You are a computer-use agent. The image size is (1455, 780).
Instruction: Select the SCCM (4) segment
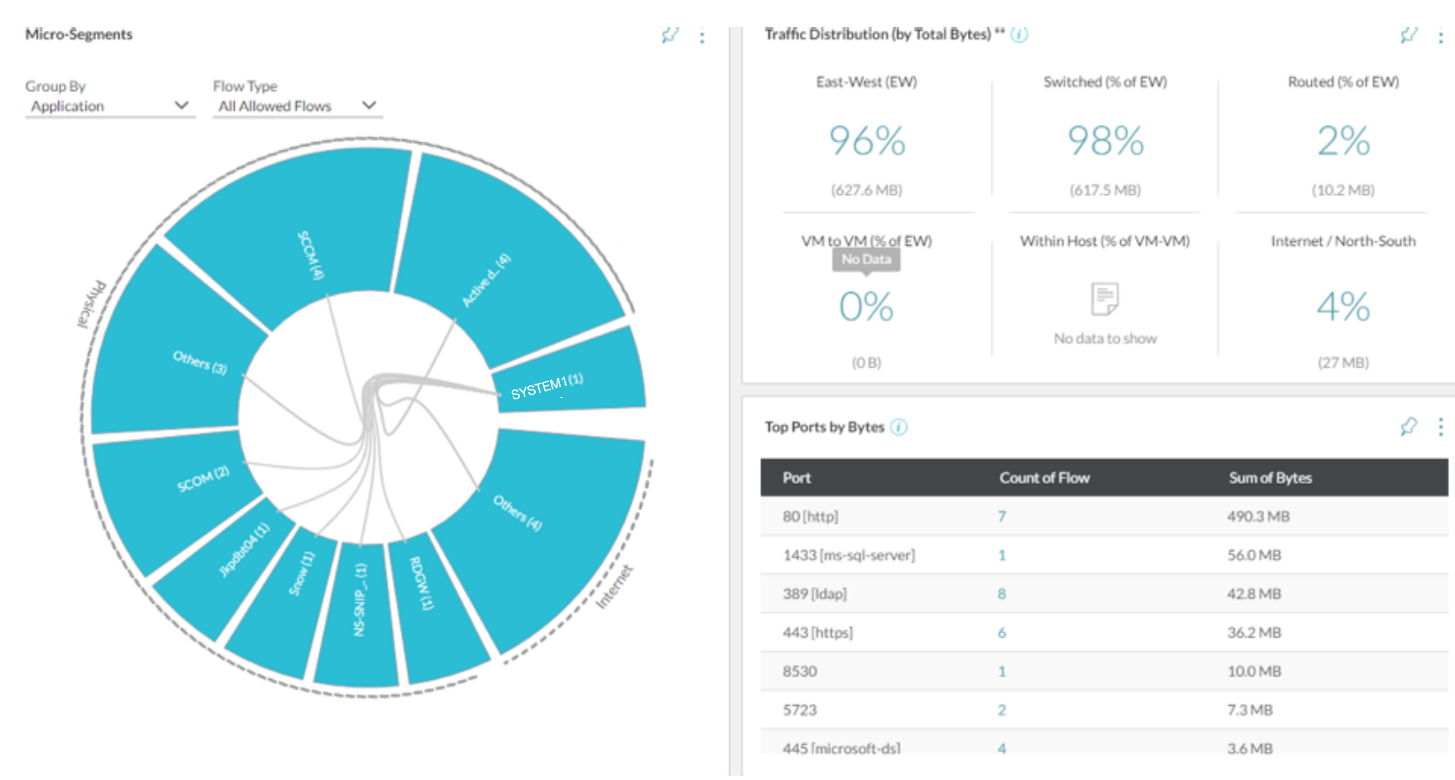pyautogui.click(x=310, y=254)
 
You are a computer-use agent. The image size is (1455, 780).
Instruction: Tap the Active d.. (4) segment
pyautogui.click(x=486, y=280)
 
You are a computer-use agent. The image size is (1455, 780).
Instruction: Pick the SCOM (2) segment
pyautogui.click(x=203, y=479)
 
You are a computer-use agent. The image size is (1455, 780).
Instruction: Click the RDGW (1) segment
pyautogui.click(x=422, y=583)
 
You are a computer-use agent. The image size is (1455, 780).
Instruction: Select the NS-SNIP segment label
pyautogui.click(x=360, y=600)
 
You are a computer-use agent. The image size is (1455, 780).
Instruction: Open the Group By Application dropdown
pyautogui.click(x=109, y=106)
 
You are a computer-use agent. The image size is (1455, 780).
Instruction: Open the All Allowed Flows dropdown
pyautogui.click(x=296, y=106)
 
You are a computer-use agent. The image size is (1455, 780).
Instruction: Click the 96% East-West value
pyautogui.click(x=866, y=141)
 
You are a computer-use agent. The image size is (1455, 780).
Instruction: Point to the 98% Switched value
pyautogui.click(x=1105, y=141)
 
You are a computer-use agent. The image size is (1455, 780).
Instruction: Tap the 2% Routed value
pyautogui.click(x=1343, y=141)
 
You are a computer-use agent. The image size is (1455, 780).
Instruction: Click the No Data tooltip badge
pyautogui.click(x=866, y=259)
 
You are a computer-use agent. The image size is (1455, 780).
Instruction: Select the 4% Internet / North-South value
pyautogui.click(x=1343, y=306)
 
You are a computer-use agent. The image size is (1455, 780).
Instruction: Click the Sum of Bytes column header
pyautogui.click(x=1270, y=478)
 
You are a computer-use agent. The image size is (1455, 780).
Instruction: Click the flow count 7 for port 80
pyautogui.click(x=1002, y=517)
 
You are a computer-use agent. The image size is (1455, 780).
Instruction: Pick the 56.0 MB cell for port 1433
pyautogui.click(x=1254, y=555)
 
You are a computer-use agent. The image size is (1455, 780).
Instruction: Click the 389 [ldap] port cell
pyautogui.click(x=814, y=594)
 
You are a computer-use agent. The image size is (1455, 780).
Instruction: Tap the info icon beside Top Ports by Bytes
pyautogui.click(x=899, y=427)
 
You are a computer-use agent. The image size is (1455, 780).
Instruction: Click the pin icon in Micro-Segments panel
pyautogui.click(x=669, y=35)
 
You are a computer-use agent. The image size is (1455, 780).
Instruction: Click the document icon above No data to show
pyautogui.click(x=1104, y=299)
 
